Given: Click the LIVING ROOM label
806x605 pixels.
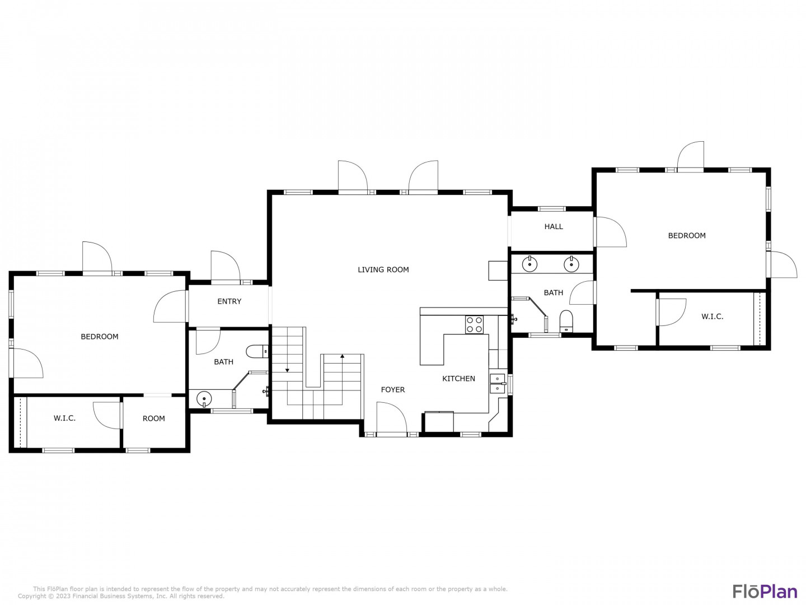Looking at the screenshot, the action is click(383, 269).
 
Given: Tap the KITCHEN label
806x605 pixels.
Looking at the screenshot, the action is click(458, 378).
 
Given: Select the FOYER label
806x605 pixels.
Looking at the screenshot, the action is click(392, 390).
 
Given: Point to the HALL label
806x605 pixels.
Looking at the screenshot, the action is click(554, 227).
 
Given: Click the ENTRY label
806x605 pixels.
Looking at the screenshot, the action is click(229, 301).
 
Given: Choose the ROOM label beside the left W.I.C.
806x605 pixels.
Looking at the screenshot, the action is click(153, 418).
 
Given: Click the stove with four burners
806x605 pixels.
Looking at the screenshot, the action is click(474, 325).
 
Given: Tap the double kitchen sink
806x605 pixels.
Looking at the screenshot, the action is click(497, 384).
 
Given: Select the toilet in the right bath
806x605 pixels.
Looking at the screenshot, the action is click(566, 321).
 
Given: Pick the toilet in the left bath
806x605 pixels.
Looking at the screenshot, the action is click(257, 352).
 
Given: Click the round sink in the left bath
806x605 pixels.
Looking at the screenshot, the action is click(204, 399).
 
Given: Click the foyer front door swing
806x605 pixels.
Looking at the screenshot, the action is click(392, 417).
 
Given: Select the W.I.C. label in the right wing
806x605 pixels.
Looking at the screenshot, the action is click(712, 317).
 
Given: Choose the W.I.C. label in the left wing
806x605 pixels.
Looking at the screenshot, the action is click(64, 418).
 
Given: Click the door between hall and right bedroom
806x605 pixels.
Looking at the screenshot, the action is click(610, 232).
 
